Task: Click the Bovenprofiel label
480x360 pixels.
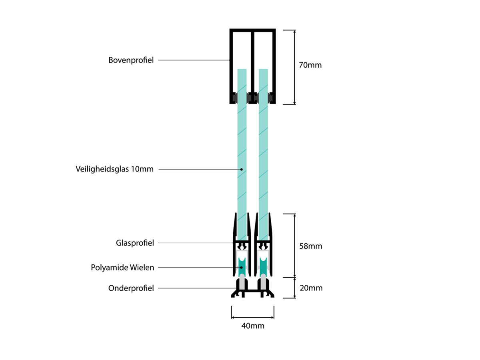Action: click(131, 60)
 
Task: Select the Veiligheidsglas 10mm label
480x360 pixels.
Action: click(114, 169)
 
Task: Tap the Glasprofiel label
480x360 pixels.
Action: click(135, 243)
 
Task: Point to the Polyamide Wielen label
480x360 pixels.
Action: click(122, 267)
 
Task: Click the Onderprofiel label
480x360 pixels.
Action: click(131, 288)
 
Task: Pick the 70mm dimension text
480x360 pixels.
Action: click(310, 65)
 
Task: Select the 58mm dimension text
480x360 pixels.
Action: click(310, 246)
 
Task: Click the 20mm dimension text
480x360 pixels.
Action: click(310, 288)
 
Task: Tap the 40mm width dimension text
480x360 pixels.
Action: click(253, 326)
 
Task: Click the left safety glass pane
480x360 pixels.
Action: click(242, 140)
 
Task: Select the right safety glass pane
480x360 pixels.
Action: click(263, 140)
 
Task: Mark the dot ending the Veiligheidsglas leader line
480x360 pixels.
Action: click(242, 169)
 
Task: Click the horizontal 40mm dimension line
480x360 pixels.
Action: click(252, 318)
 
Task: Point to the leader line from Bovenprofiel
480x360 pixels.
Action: click(192, 60)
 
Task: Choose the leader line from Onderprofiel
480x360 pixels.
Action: click(192, 288)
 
